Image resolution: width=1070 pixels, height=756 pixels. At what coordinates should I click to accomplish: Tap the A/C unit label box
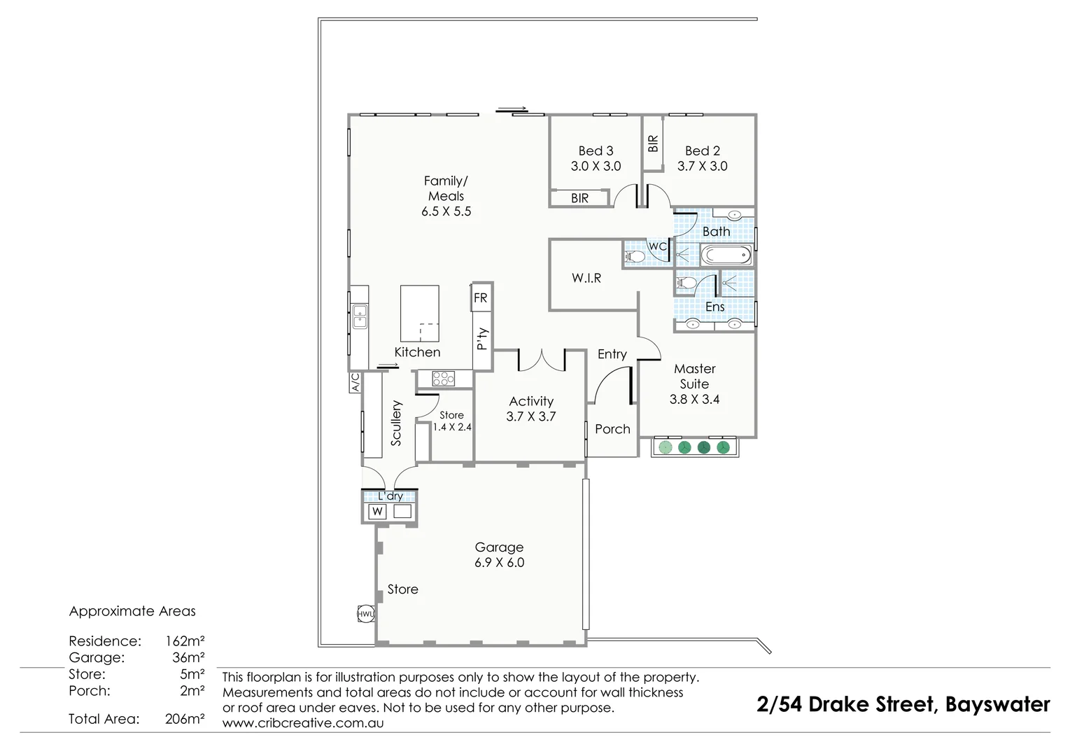tap(355, 382)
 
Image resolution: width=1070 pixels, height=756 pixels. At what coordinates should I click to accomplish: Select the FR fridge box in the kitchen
tap(481, 297)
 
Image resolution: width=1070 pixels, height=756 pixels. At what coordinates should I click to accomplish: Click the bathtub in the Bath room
tap(726, 255)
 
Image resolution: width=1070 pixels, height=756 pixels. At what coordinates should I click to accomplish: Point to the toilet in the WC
tap(634, 257)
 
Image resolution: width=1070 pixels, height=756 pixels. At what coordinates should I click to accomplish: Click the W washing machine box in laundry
tap(378, 512)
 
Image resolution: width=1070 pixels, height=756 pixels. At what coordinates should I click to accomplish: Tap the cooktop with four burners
tap(443, 379)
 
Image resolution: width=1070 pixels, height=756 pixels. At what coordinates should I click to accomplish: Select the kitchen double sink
tap(360, 317)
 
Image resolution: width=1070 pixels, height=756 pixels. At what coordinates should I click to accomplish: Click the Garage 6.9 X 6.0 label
tap(499, 555)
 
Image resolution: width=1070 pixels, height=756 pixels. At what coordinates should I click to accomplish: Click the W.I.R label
tap(586, 278)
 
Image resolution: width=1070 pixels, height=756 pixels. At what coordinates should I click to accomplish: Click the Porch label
tap(612, 429)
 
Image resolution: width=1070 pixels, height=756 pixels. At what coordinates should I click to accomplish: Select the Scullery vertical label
tap(397, 423)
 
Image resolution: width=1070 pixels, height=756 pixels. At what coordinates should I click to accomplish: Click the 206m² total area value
tap(185, 719)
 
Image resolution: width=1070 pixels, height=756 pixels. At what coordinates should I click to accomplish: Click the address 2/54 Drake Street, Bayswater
tap(903, 704)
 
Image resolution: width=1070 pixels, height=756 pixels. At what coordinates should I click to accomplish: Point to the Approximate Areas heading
tap(132, 611)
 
